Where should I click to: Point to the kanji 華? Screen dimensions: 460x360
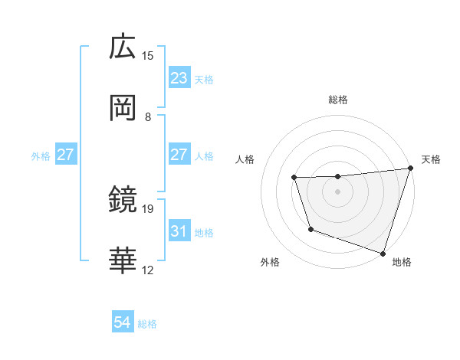coord(123,260)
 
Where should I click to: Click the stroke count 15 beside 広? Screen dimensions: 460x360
coord(148,55)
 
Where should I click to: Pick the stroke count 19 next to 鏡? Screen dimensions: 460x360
coord(148,208)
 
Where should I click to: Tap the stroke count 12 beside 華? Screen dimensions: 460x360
coord(148,270)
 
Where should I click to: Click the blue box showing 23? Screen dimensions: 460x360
coord(179,78)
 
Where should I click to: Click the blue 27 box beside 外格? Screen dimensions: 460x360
coord(65,155)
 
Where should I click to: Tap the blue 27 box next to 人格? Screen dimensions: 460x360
coord(179,155)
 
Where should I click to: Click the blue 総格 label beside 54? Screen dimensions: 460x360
coord(147,324)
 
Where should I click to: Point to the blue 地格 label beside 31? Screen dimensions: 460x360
coord(204,232)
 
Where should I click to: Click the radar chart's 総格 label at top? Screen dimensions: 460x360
coord(338,100)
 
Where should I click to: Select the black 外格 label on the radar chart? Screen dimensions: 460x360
coord(270,262)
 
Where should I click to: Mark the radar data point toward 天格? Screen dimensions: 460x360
coord(410,169)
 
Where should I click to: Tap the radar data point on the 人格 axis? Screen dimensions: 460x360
coord(294,178)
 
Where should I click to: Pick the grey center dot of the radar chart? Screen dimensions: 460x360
coord(338,191)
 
